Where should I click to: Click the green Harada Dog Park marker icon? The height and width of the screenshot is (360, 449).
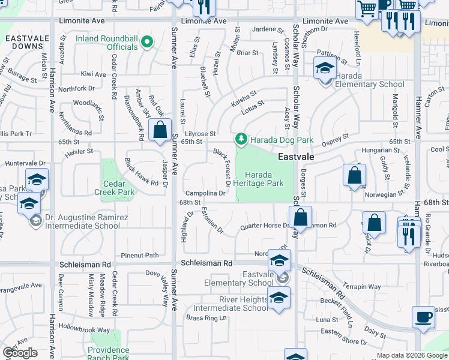point(241,140)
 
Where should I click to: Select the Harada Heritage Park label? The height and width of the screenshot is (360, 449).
point(258,178)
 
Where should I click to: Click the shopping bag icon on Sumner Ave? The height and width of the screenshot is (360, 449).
point(160,131)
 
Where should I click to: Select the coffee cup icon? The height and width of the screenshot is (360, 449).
point(423,317)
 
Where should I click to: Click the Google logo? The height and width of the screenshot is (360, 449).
point(20,353)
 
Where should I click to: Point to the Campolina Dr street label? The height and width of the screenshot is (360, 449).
point(205,193)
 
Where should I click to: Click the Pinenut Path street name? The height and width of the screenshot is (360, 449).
point(140,255)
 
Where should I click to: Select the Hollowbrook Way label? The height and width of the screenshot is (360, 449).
point(83,329)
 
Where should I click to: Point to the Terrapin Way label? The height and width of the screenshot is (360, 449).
point(362,287)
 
